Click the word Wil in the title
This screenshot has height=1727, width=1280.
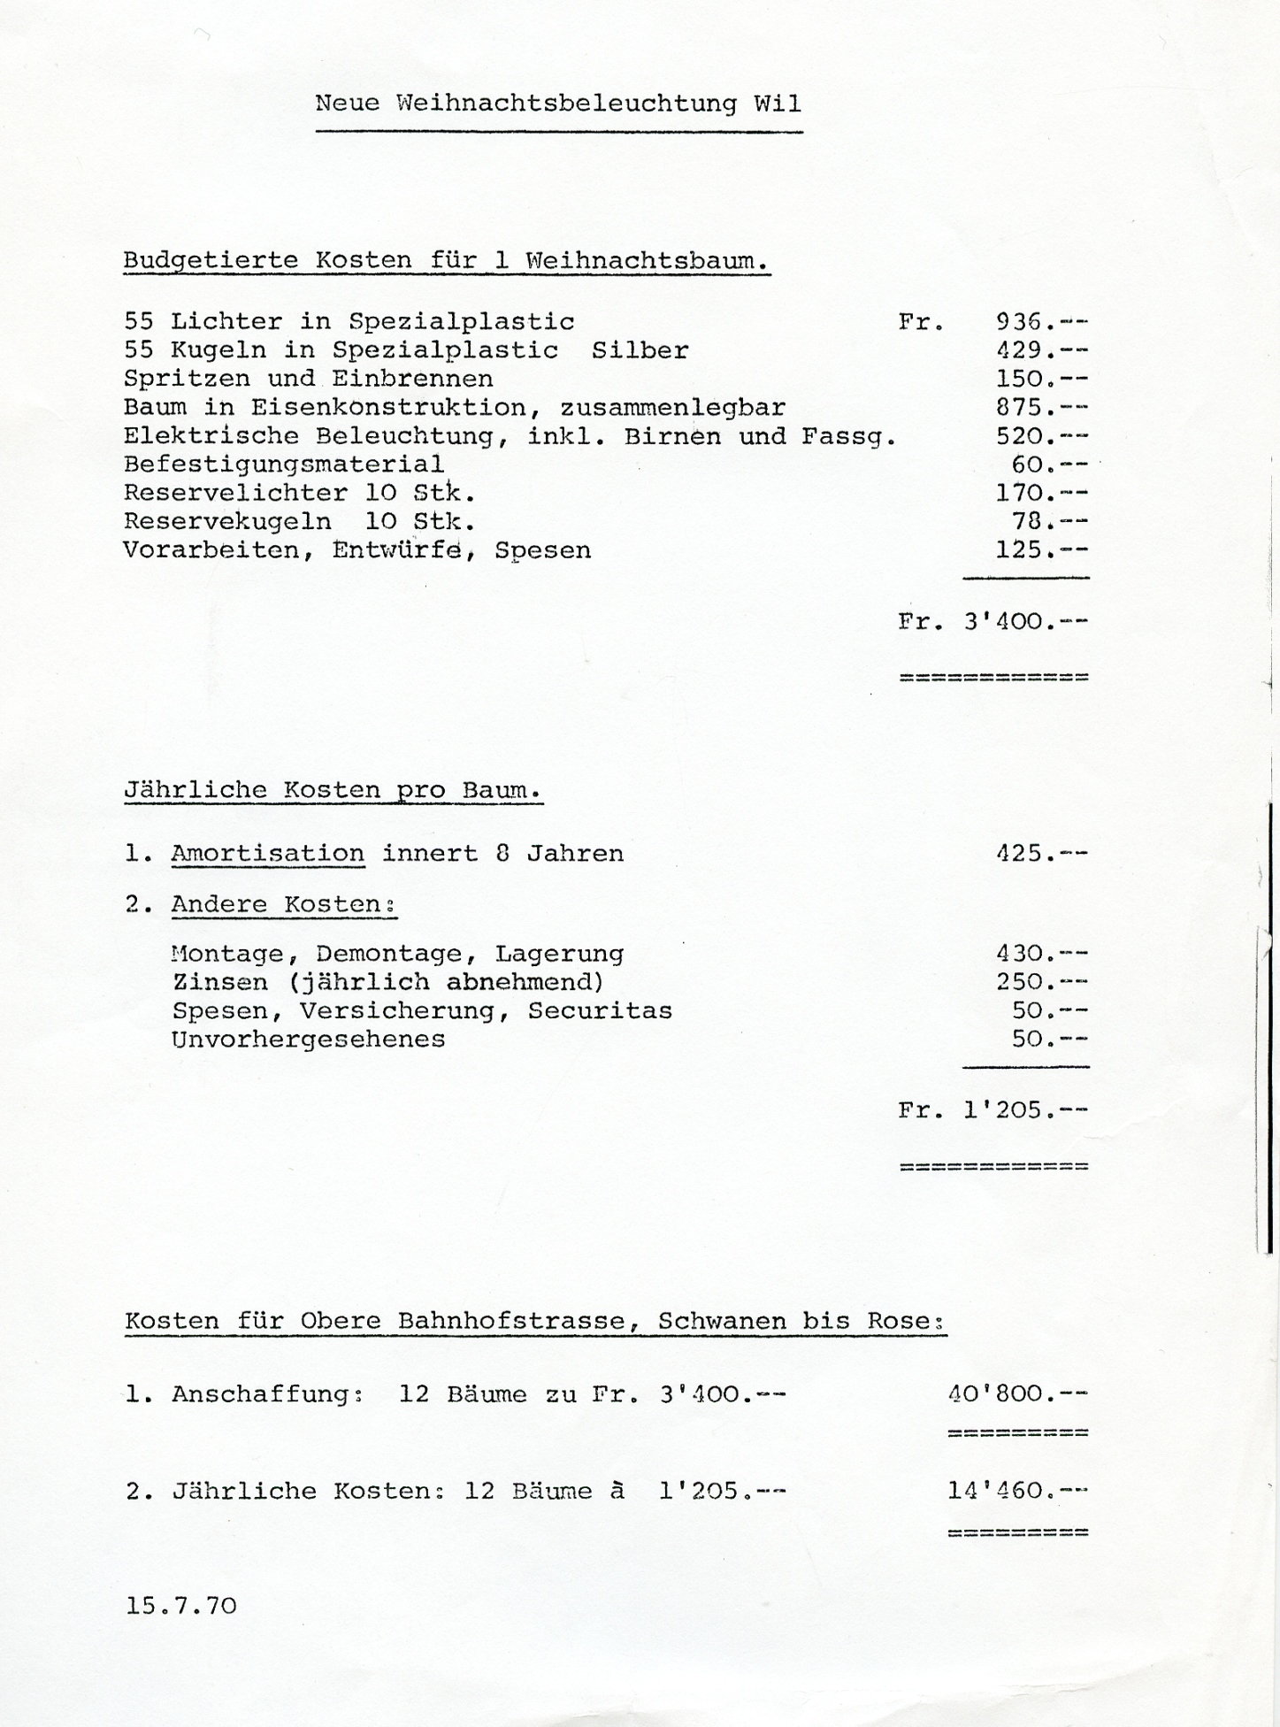[x=778, y=104]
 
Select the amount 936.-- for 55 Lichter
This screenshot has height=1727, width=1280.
[x=1041, y=322]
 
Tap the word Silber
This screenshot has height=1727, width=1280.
[x=640, y=350]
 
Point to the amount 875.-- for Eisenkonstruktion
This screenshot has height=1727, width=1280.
[x=1041, y=408]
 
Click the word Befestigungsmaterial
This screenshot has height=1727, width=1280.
[x=283, y=464]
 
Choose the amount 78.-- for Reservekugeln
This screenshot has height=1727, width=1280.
[x=1049, y=521]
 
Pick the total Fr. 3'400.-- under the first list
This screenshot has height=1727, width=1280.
[x=993, y=621]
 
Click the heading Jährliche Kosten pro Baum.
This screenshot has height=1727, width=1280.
[x=333, y=790]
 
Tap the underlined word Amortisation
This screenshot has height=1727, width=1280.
[x=267, y=854]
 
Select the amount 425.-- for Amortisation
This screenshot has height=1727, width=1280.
[x=1041, y=854]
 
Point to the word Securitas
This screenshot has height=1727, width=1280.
[x=600, y=1010]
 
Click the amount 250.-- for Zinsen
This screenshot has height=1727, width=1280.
[x=1041, y=982]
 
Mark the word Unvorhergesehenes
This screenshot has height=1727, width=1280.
[x=308, y=1039]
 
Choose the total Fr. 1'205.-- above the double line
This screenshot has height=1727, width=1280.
[x=993, y=1110]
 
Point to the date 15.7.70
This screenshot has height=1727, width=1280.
[x=181, y=1606]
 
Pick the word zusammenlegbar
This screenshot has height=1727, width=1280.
[x=672, y=408]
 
